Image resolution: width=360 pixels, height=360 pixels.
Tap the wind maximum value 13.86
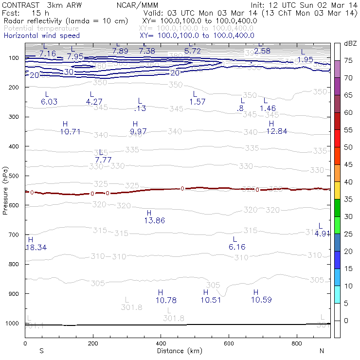coord(155,221)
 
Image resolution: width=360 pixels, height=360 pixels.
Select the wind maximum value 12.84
coord(276,131)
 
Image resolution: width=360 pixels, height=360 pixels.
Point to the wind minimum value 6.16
coord(237,247)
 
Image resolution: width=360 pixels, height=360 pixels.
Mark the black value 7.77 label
coord(103,160)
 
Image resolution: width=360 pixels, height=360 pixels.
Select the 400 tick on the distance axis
coord(161,343)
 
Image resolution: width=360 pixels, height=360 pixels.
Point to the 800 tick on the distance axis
coord(297,343)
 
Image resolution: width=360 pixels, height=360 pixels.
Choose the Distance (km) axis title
coord(178,351)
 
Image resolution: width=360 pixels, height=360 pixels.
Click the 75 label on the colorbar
coord(349,60)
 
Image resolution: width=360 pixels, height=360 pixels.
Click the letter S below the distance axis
coord(42,351)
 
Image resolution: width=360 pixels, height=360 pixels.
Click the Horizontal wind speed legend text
coord(41,36)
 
